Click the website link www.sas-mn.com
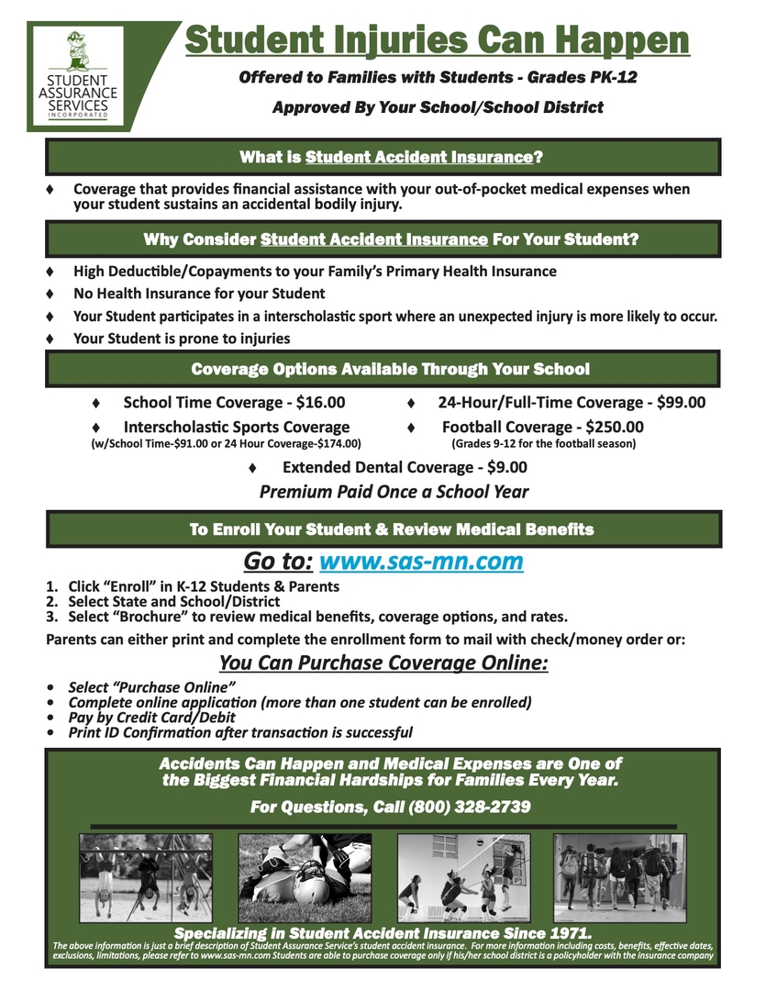click(421, 561)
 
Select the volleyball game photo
click(462, 877)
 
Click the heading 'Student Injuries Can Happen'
click(437, 39)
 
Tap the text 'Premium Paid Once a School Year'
click(394, 492)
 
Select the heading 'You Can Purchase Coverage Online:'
click(383, 663)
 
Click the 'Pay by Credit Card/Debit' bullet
click(152, 718)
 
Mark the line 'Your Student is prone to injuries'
click(182, 339)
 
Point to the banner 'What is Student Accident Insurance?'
click(391, 157)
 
